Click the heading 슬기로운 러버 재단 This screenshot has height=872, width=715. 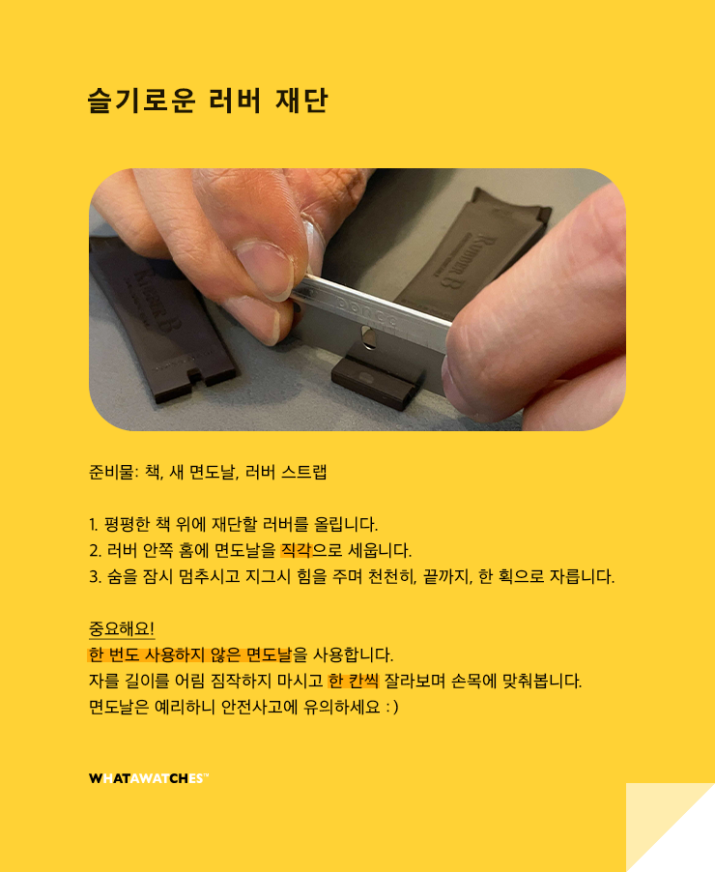click(208, 101)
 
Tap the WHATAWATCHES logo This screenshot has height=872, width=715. click(149, 778)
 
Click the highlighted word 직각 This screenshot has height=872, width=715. click(296, 550)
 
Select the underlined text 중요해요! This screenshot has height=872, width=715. click(122, 628)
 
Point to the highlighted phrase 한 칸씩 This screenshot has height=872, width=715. click(354, 681)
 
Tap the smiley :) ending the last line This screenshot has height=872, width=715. click(392, 707)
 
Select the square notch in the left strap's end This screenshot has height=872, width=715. click(196, 376)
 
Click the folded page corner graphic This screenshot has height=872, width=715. click(670, 828)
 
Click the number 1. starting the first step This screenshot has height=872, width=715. click(94, 524)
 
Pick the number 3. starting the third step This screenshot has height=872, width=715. click(95, 577)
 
